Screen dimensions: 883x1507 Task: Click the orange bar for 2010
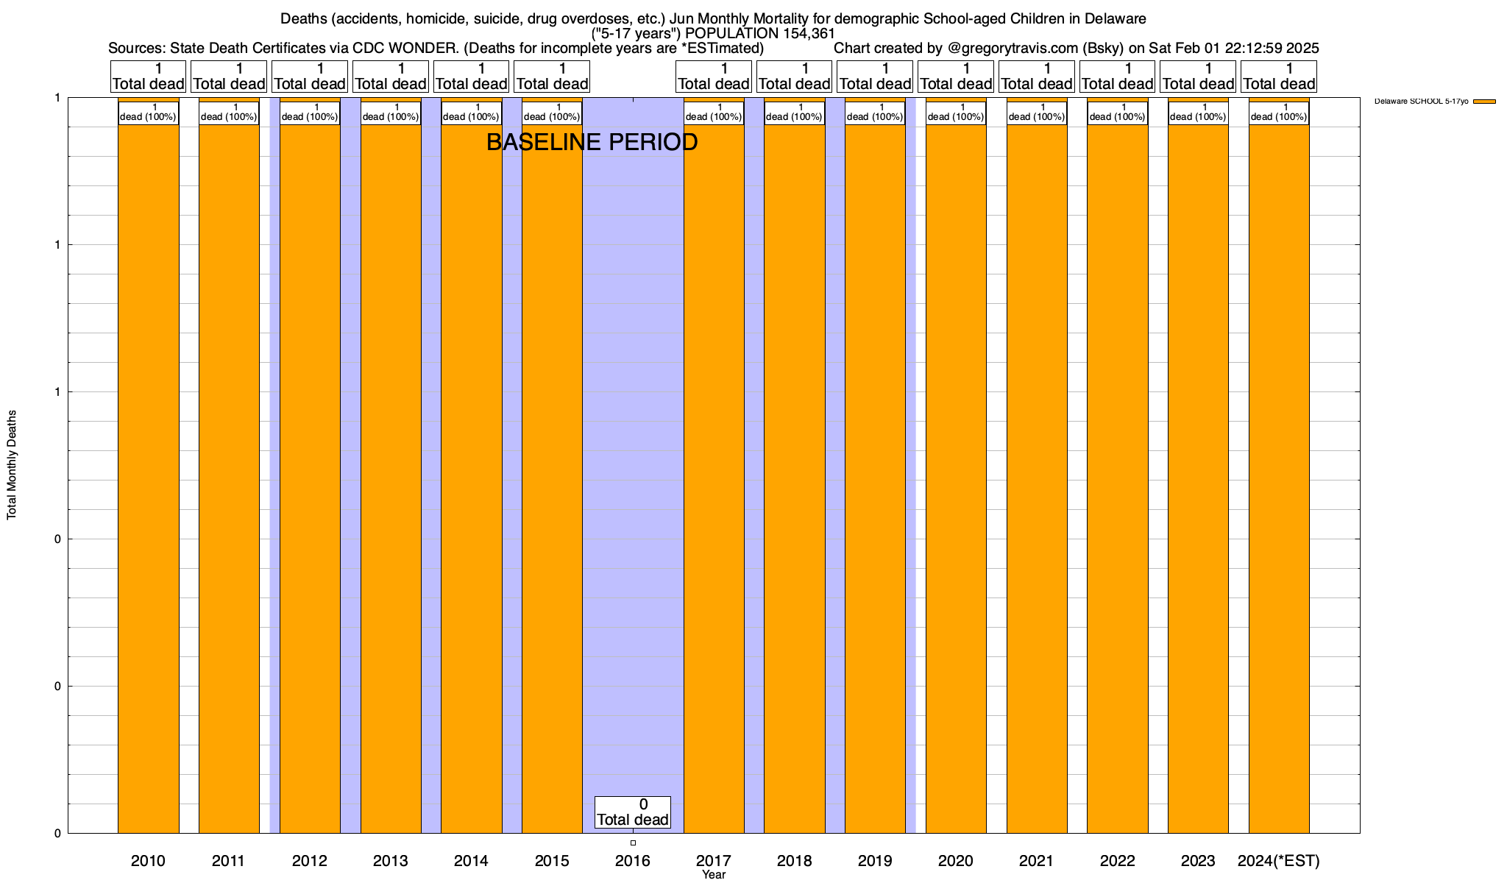(148, 478)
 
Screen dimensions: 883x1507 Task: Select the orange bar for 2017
(714, 478)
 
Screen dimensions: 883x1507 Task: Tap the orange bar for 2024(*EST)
(1279, 478)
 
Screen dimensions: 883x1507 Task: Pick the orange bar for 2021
(1037, 478)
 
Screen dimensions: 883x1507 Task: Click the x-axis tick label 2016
(633, 861)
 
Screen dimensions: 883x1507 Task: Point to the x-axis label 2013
(391, 861)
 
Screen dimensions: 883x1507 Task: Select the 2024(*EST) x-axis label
(1279, 861)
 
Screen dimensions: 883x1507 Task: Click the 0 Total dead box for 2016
(633, 812)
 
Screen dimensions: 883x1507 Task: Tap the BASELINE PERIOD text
(592, 142)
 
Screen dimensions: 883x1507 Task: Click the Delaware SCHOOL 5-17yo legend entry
(1421, 101)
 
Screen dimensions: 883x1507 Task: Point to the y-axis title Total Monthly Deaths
(12, 465)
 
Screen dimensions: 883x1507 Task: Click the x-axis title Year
(714, 875)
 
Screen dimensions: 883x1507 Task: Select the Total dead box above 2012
(310, 77)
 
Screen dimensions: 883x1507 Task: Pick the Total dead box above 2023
(1198, 77)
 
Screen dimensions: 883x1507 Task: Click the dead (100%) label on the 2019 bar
(875, 113)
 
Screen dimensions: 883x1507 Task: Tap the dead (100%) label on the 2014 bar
(471, 113)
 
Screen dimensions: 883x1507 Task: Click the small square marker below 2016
(633, 843)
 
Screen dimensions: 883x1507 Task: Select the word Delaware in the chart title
(1099, 18)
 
